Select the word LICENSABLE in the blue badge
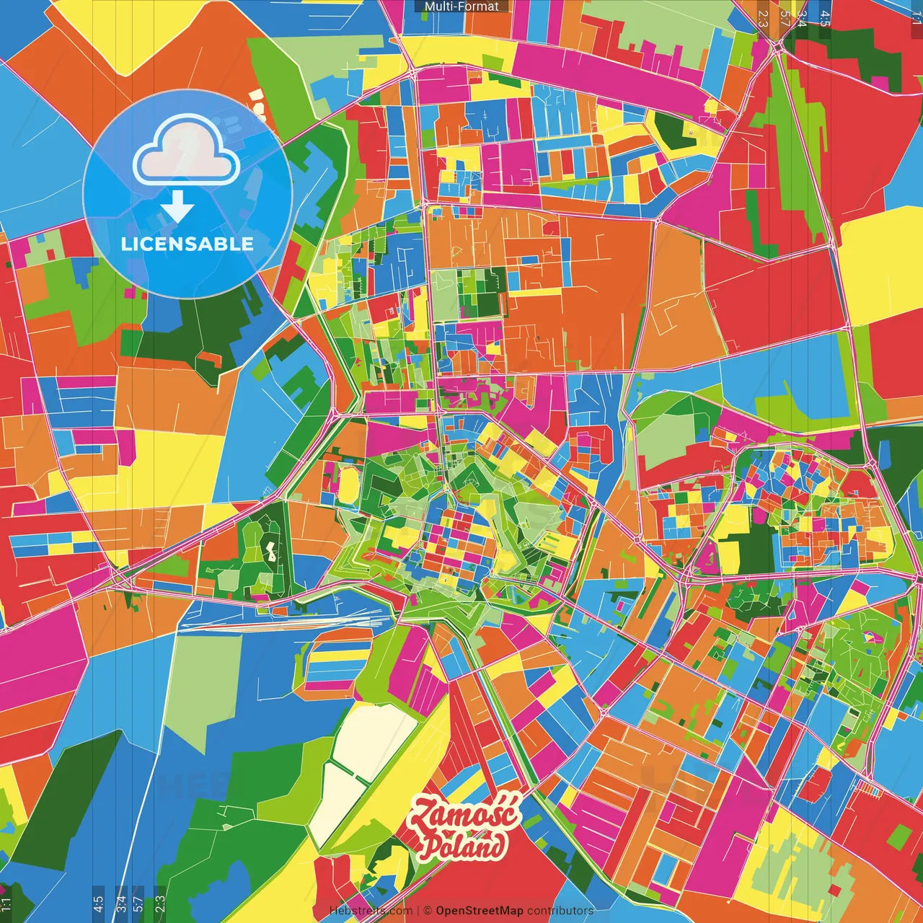pyautogui.click(x=187, y=244)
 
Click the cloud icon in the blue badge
pyautogui.click(x=186, y=153)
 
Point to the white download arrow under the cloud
pyautogui.click(x=177, y=207)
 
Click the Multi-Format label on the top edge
pyautogui.click(x=461, y=6)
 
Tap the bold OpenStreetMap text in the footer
pyautogui.click(x=479, y=911)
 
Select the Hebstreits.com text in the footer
pyautogui.click(x=371, y=911)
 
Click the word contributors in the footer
pyautogui.click(x=560, y=911)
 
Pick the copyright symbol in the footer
pyautogui.click(x=427, y=911)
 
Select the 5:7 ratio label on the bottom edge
pyautogui.click(x=138, y=904)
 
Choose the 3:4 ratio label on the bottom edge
pyautogui.click(x=120, y=904)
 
